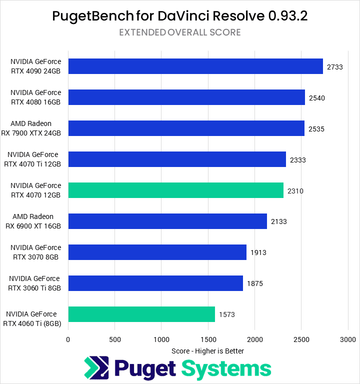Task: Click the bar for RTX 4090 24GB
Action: pyautogui.click(x=195, y=66)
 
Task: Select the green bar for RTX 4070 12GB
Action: pyautogui.click(x=175, y=190)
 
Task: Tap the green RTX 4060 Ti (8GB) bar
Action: pyautogui.click(x=141, y=314)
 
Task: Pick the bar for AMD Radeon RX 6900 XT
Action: pyautogui.click(x=167, y=221)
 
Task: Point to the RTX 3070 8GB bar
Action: pyautogui.click(x=157, y=252)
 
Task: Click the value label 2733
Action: pyautogui.click(x=334, y=66)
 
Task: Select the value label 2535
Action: pyautogui.click(x=316, y=128)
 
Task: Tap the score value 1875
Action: pyautogui.click(x=255, y=283)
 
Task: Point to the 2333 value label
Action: pyautogui.click(x=298, y=159)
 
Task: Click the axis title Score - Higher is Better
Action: pyautogui.click(x=207, y=351)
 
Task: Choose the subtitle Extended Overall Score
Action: pyautogui.click(x=180, y=32)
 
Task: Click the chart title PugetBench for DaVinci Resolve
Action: pyautogui.click(x=180, y=16)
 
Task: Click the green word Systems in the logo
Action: pyautogui.click(x=226, y=368)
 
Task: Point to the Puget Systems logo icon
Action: pyautogui.click(x=96, y=369)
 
